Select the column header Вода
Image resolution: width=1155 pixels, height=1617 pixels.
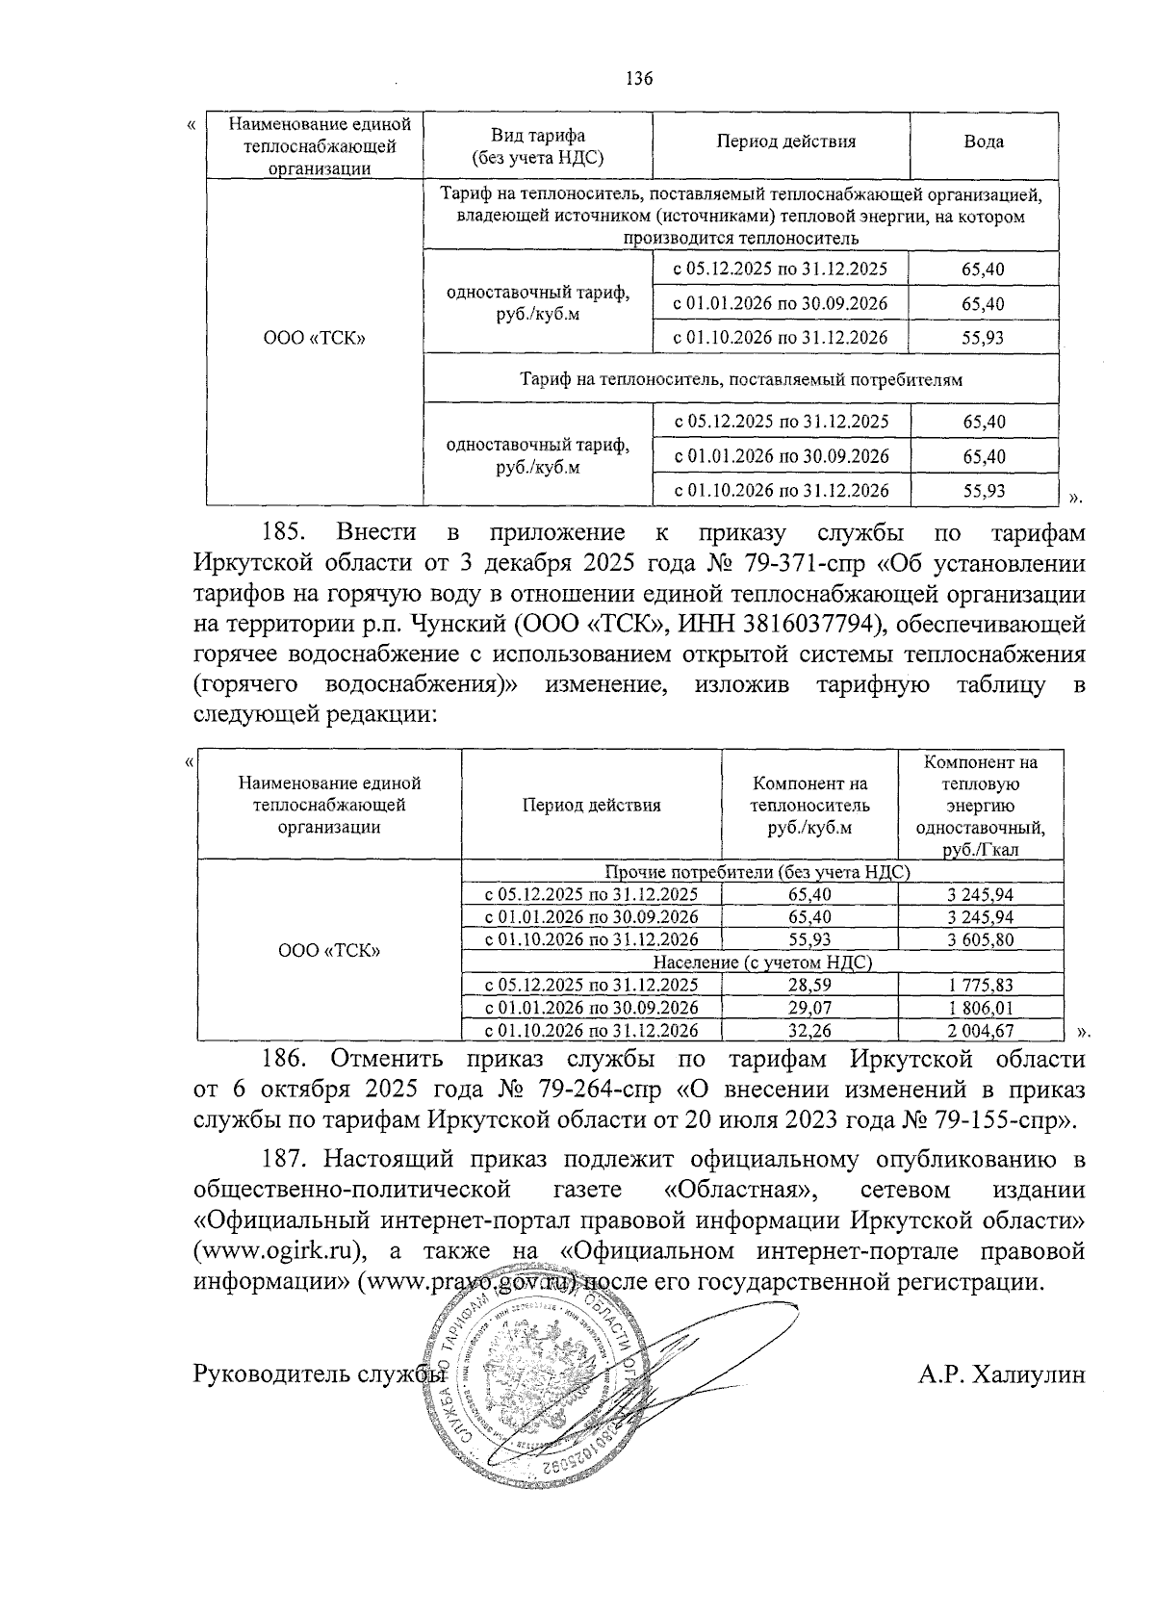984,141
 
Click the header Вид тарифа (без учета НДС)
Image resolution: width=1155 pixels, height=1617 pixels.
538,146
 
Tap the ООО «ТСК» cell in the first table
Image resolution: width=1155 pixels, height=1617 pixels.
315,339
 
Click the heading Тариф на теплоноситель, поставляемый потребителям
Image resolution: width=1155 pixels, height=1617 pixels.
741,379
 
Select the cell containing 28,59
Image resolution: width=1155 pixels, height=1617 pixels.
808,985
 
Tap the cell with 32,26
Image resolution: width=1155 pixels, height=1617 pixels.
808,1031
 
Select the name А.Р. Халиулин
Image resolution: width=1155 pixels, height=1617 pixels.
1001,1373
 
